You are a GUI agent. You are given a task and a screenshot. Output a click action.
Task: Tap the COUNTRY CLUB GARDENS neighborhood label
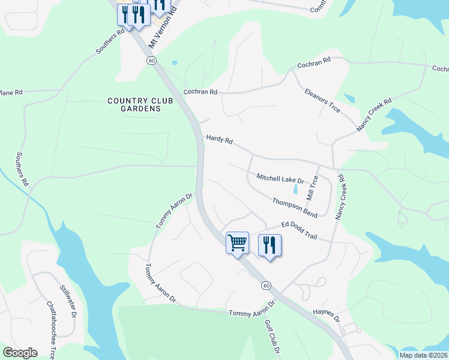[x=140, y=105]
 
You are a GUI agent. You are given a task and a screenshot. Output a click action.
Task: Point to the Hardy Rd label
[x=219, y=139]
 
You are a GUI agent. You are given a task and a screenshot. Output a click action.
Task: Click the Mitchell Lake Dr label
[x=280, y=178]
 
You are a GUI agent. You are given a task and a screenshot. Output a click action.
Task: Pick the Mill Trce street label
[x=313, y=188]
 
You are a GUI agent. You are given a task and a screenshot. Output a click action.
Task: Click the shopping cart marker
[x=237, y=242]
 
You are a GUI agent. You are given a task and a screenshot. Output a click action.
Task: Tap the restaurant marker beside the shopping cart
[x=270, y=244]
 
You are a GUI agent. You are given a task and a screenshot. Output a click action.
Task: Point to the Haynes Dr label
[x=326, y=316]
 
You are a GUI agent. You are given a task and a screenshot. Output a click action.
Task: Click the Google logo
[x=20, y=353]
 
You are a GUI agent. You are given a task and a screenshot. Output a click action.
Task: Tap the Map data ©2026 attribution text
[x=423, y=355]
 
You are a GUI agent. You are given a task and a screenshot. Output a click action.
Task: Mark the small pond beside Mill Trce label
[x=295, y=189]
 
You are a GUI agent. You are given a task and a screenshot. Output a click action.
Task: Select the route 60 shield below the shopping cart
[x=267, y=286]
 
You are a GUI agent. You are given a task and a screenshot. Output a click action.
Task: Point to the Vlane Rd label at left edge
[x=11, y=92]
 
